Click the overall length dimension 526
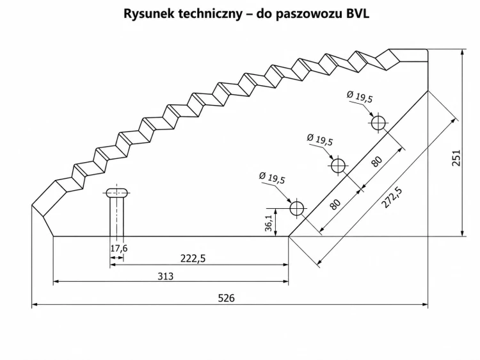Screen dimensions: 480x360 click(226, 298)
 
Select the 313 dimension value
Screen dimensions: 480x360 click(165, 276)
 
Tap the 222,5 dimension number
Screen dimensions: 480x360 click(193, 259)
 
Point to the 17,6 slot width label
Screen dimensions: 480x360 click(119, 248)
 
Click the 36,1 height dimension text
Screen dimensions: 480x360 click(268, 223)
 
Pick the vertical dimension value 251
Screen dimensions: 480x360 click(456, 158)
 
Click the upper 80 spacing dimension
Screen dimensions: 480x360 click(377, 161)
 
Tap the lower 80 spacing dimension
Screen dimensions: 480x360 click(335, 204)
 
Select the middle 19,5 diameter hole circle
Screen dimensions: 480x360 click(338, 166)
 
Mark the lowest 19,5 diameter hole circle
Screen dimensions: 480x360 click(296, 208)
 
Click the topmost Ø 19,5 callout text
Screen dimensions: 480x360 click(360, 97)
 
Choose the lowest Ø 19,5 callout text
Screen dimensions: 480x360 click(272, 177)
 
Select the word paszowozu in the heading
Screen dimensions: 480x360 click(308, 15)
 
